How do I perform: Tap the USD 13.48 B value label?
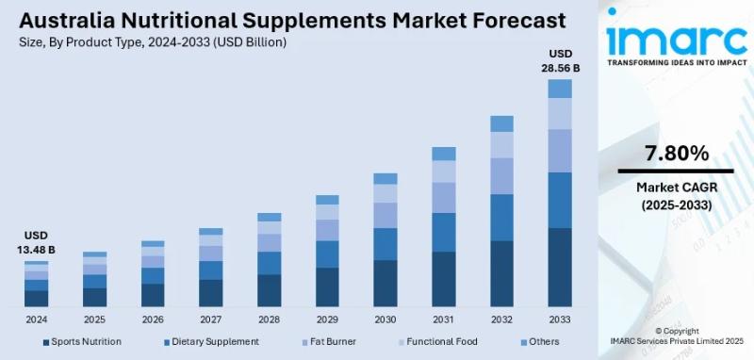(x=36, y=242)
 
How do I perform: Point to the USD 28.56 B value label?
(x=560, y=60)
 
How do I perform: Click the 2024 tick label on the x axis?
(x=36, y=319)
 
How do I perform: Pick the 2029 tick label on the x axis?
(x=327, y=319)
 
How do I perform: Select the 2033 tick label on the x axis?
(x=560, y=319)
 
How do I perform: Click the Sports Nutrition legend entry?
(x=81, y=341)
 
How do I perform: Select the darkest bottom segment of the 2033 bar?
(x=560, y=268)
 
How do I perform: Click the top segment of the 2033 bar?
(x=560, y=89)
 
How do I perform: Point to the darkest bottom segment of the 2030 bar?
(x=385, y=284)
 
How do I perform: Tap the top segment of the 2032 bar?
(x=501, y=123)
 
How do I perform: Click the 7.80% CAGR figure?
(x=676, y=153)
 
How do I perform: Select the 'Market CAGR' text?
(x=676, y=188)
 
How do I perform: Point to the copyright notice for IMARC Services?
(x=676, y=336)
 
